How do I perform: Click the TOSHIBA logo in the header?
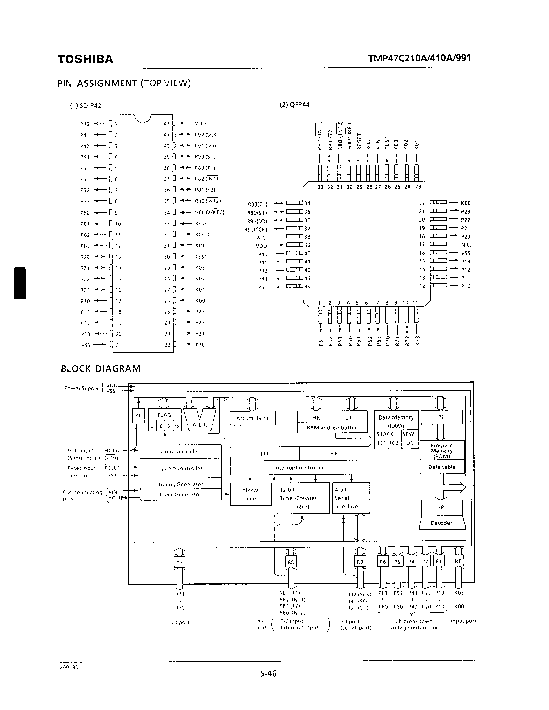point(85,59)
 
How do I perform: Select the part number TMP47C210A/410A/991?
point(420,58)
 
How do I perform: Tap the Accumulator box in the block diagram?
point(252,418)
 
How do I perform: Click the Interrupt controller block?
point(299,468)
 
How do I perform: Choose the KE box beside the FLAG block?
point(138,416)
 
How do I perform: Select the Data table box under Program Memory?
point(442,467)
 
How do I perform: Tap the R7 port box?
point(180,562)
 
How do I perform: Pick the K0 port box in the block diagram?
point(458,562)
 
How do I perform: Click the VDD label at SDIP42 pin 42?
point(200,123)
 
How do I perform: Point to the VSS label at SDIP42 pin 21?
point(86,345)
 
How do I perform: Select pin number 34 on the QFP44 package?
point(307,203)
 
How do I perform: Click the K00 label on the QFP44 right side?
point(466,203)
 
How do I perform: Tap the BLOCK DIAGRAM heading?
point(100,369)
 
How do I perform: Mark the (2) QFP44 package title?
point(294,105)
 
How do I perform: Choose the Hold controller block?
point(180,452)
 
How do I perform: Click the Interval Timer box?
point(251,494)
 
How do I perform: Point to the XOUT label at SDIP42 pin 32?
point(202,235)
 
